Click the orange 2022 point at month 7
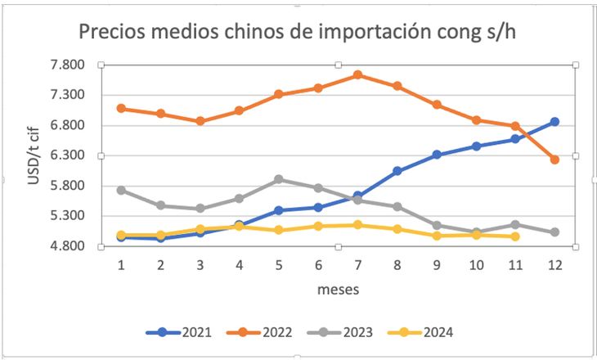tap(357, 75)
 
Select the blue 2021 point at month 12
tap(554, 122)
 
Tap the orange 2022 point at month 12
tap(554, 160)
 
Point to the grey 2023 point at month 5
tap(279, 179)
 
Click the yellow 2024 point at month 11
tap(515, 236)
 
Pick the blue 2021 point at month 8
tap(397, 171)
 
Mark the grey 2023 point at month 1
tap(121, 190)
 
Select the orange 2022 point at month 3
tap(200, 121)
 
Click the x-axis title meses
tap(338, 289)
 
